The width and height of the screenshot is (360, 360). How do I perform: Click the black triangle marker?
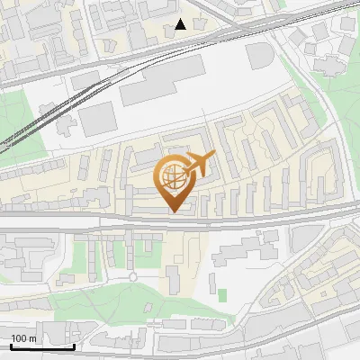tap(181, 24)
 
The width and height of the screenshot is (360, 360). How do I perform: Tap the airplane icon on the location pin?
tap(200, 164)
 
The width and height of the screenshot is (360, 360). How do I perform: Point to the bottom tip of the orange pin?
tap(175, 212)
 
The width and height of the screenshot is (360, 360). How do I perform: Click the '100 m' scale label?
tap(24, 338)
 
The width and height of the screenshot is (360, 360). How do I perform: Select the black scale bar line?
tap(41, 346)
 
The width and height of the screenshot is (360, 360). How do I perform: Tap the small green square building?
tap(222, 294)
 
